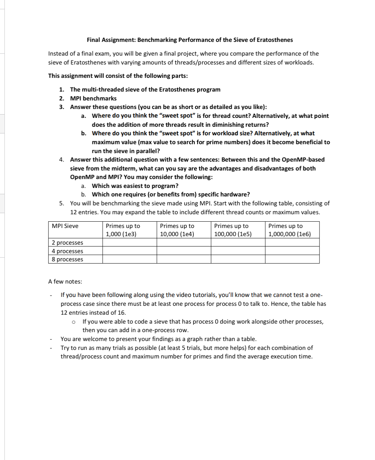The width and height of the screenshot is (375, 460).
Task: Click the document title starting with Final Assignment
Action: click(x=190, y=40)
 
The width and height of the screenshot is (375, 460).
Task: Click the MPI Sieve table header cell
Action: click(x=65, y=226)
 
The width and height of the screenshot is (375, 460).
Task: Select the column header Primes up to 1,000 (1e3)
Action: click(x=123, y=230)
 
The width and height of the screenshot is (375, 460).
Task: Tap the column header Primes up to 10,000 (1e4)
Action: click(x=177, y=230)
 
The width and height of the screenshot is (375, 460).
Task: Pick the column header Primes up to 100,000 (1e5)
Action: click(x=233, y=230)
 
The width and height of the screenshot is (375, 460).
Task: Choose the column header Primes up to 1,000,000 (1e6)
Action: click(x=289, y=230)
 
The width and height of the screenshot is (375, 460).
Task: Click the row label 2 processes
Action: click(x=67, y=242)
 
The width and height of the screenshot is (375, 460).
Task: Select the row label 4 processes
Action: click(x=67, y=251)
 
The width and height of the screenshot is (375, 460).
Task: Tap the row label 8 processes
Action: click(x=67, y=259)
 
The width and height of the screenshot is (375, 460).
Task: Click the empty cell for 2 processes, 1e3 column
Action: click(x=130, y=242)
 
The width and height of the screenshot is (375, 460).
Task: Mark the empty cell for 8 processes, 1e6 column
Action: click(x=292, y=259)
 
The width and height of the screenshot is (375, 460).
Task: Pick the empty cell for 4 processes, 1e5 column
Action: click(x=238, y=251)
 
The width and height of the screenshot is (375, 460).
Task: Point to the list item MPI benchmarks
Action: click(x=93, y=98)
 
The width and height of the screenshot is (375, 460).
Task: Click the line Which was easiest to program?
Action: click(x=135, y=186)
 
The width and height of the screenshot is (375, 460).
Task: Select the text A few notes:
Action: click(x=65, y=281)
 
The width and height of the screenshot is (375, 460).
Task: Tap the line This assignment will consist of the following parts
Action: click(x=118, y=76)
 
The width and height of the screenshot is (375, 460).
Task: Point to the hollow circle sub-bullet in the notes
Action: click(x=74, y=322)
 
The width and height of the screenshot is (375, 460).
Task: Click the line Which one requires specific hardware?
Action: click(x=171, y=194)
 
